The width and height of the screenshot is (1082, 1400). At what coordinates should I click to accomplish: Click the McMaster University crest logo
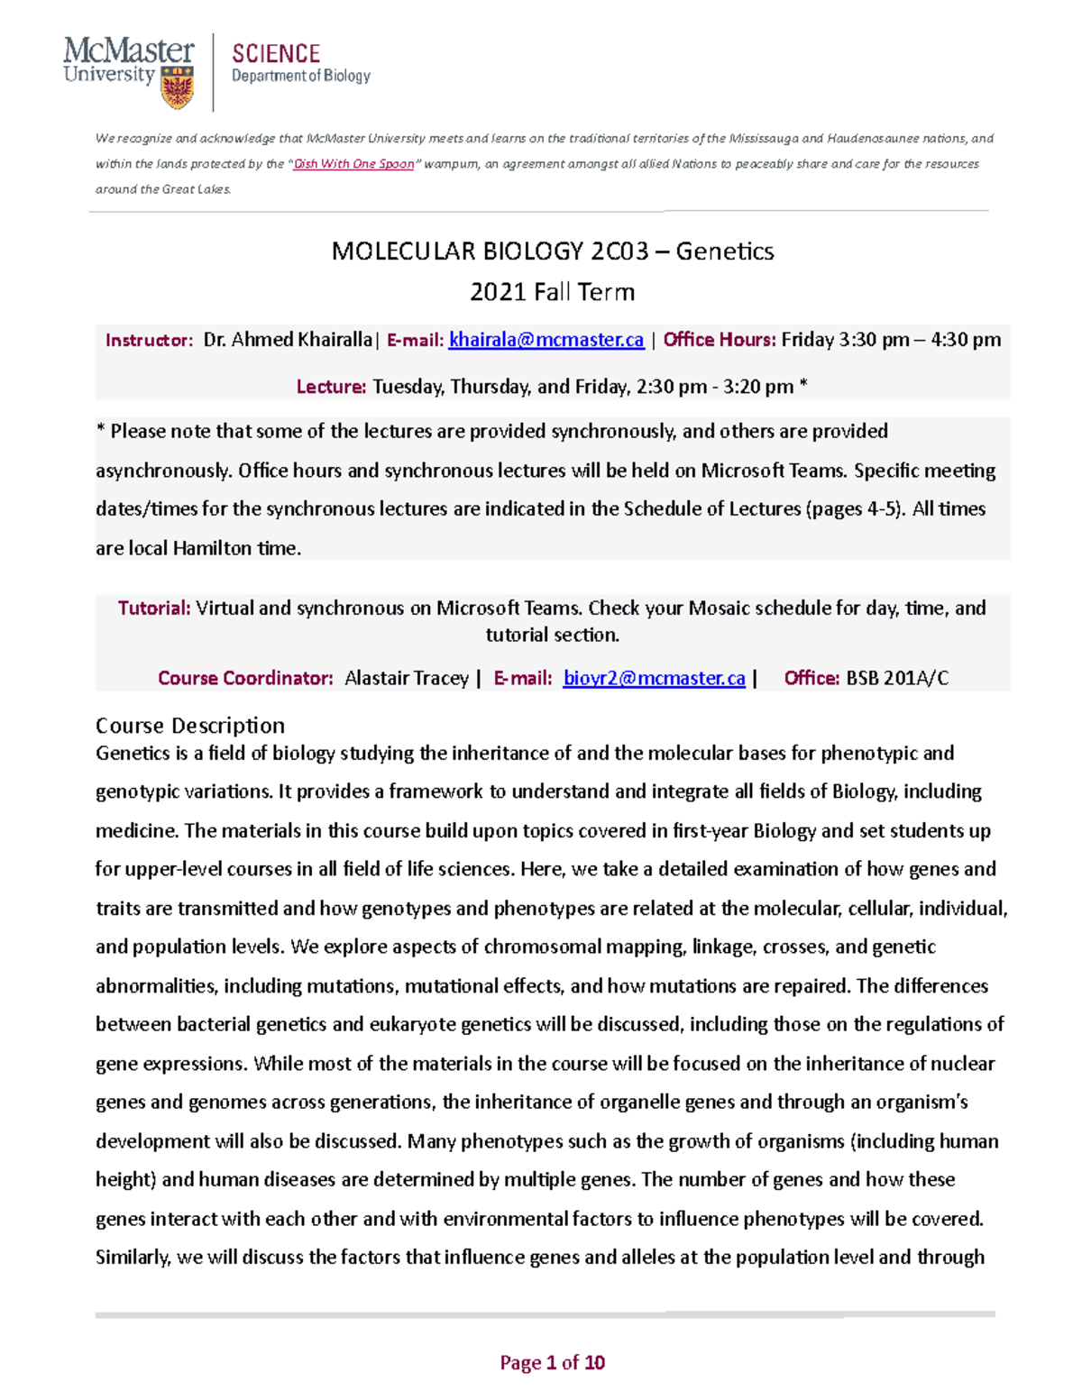[x=177, y=87]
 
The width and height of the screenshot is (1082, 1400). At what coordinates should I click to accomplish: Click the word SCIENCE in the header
[x=276, y=54]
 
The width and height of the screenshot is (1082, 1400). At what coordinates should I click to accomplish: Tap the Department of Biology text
[x=301, y=77]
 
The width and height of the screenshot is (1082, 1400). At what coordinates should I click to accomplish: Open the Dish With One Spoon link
[x=353, y=164]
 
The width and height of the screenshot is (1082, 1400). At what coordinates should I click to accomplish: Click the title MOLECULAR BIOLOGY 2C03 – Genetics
[x=552, y=251]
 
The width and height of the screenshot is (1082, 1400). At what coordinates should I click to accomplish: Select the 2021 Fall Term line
[x=552, y=292]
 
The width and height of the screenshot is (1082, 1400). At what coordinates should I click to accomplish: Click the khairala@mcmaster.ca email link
[x=546, y=340]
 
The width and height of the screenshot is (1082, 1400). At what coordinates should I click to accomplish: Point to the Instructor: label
[x=149, y=341]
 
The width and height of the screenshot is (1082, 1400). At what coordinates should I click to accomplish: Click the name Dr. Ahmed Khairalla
[x=287, y=340]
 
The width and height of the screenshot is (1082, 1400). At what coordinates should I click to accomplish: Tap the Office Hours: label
[x=719, y=340]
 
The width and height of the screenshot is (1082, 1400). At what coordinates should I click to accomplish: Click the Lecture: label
[x=331, y=387]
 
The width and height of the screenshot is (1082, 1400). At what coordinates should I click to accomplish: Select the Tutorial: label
[x=154, y=608]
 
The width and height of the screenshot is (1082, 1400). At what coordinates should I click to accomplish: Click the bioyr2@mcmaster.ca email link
[x=654, y=679]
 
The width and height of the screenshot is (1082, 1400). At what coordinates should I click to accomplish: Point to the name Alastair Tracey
[x=407, y=679]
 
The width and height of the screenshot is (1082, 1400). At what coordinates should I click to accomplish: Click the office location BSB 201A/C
[x=897, y=679]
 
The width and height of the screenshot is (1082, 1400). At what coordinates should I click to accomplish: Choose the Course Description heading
[x=190, y=726]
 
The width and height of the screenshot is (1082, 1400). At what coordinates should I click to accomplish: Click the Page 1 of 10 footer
[x=552, y=1362]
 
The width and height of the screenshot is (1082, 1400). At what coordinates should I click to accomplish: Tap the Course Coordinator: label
[x=245, y=679]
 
